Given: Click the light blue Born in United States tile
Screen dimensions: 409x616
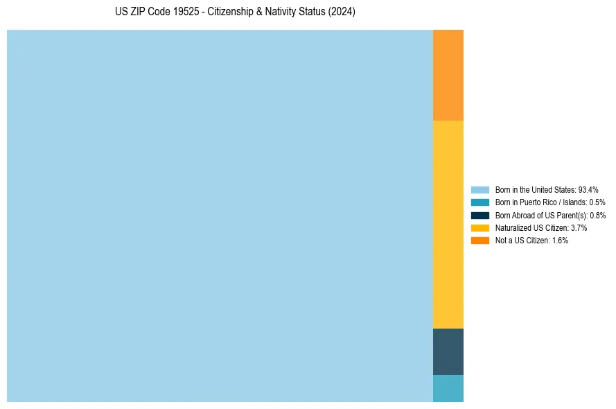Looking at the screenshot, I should point(220,216).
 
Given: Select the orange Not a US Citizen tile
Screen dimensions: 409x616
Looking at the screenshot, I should point(448,75).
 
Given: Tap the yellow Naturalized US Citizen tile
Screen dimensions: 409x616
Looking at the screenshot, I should point(448,224).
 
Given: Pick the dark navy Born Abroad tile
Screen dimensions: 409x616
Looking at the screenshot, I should point(448,351).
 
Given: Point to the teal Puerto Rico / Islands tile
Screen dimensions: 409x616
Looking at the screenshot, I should point(448,388).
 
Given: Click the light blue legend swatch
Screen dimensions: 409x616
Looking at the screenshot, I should point(479,189).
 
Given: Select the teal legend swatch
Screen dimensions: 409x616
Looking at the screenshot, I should point(479,202).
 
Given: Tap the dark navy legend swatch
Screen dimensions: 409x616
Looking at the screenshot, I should point(479,215).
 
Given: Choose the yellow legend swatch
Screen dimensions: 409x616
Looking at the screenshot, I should point(479,227).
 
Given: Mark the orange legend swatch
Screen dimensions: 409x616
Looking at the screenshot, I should point(479,241).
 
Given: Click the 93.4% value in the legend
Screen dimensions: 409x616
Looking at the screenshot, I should point(588,189).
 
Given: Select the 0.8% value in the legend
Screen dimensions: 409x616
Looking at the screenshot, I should point(597,215).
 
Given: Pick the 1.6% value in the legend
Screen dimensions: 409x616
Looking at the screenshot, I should point(560,241).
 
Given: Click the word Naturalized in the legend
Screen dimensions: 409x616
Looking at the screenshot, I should point(513,227).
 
